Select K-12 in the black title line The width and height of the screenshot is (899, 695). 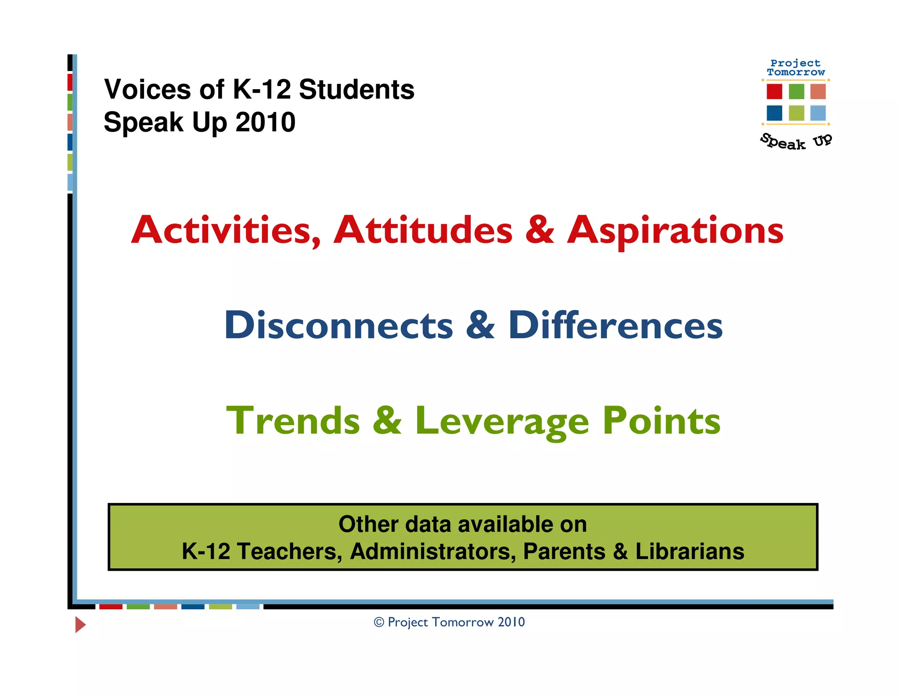click(262, 90)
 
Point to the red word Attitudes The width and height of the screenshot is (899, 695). click(423, 230)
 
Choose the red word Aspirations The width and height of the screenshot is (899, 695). click(675, 231)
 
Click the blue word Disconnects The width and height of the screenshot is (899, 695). click(338, 326)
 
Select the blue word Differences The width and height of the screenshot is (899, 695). click(615, 326)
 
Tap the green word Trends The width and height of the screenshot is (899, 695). click(293, 420)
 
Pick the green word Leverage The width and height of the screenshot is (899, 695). click(502, 421)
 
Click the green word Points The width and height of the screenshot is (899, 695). click(661, 420)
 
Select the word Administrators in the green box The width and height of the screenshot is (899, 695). click(433, 551)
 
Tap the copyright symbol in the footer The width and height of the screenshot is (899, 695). click(379, 622)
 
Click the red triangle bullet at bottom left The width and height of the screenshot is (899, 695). click(80, 624)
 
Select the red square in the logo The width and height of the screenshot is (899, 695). click(774, 91)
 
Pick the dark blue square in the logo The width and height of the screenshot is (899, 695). click(774, 113)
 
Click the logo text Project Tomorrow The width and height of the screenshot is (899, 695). click(796, 68)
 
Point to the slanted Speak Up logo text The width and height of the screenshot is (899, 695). click(796, 141)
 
